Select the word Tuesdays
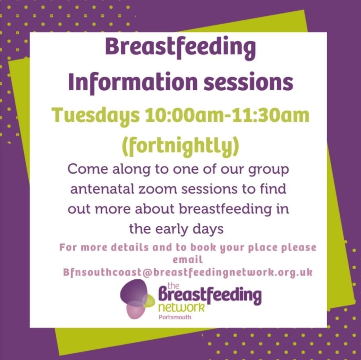96,116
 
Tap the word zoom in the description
160,189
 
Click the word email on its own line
188,260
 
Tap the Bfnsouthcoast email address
188,272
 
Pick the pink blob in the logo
135,310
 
